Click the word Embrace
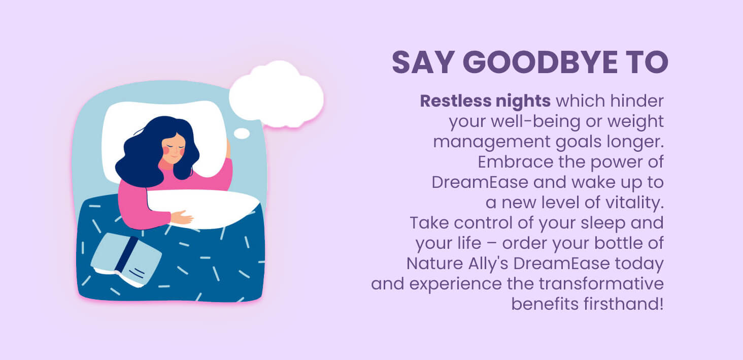pyautogui.click(x=516, y=162)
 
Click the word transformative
pyautogui.click(x=601, y=284)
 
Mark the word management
pyautogui.click(x=492, y=142)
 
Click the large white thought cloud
pyautogui.click(x=276, y=94)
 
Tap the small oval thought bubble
pyautogui.click(x=242, y=134)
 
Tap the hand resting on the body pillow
pyautogui.click(x=182, y=218)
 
